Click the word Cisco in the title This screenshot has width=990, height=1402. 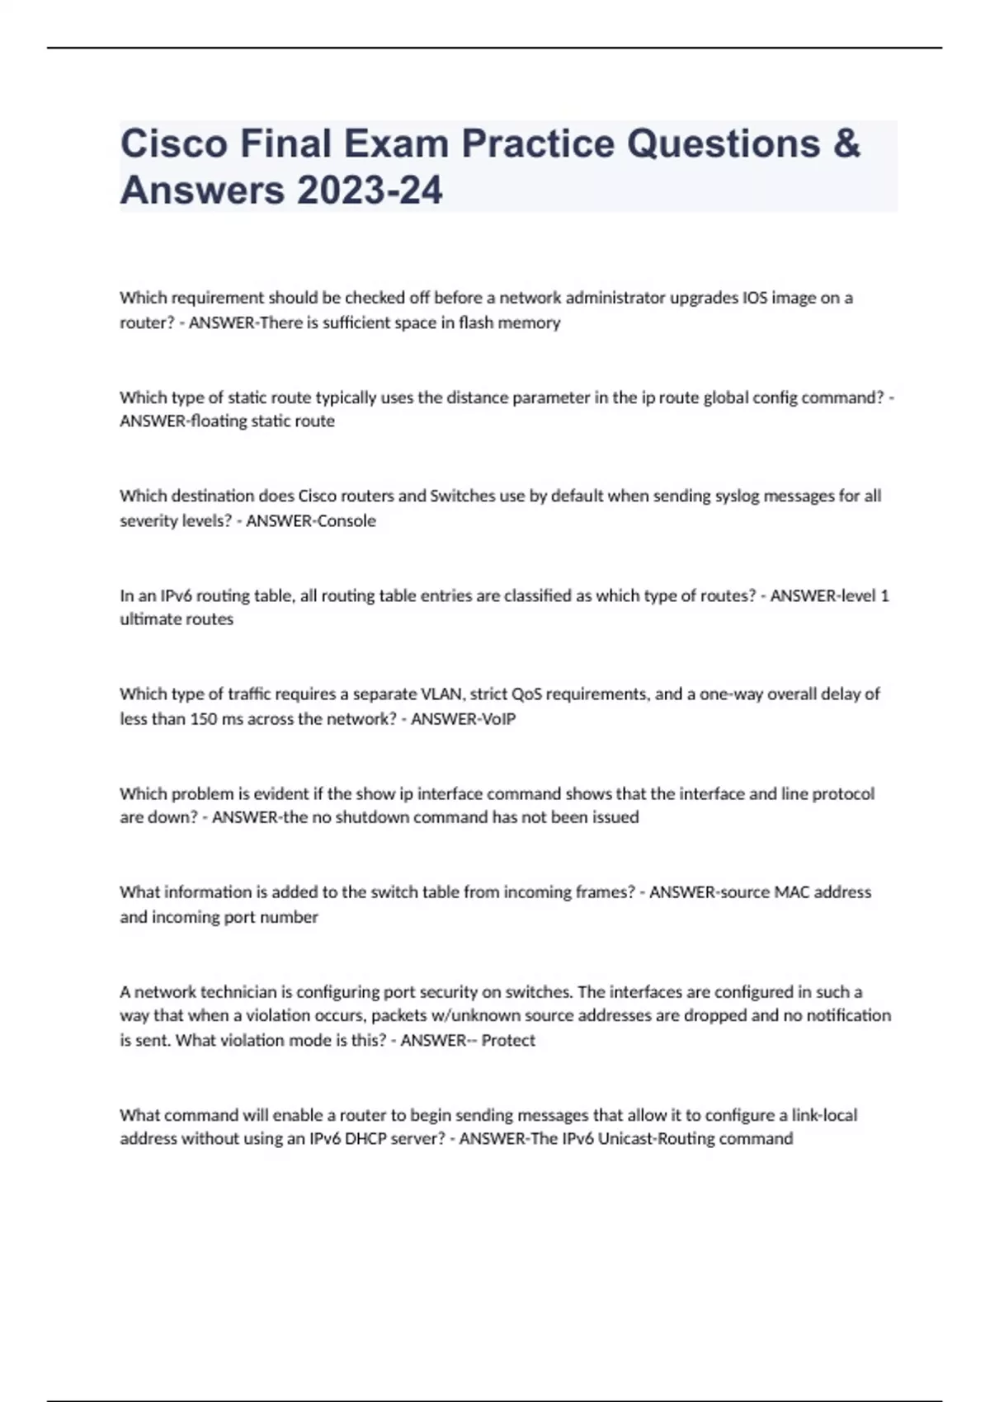click(x=173, y=143)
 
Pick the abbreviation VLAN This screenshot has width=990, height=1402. click(x=444, y=694)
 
